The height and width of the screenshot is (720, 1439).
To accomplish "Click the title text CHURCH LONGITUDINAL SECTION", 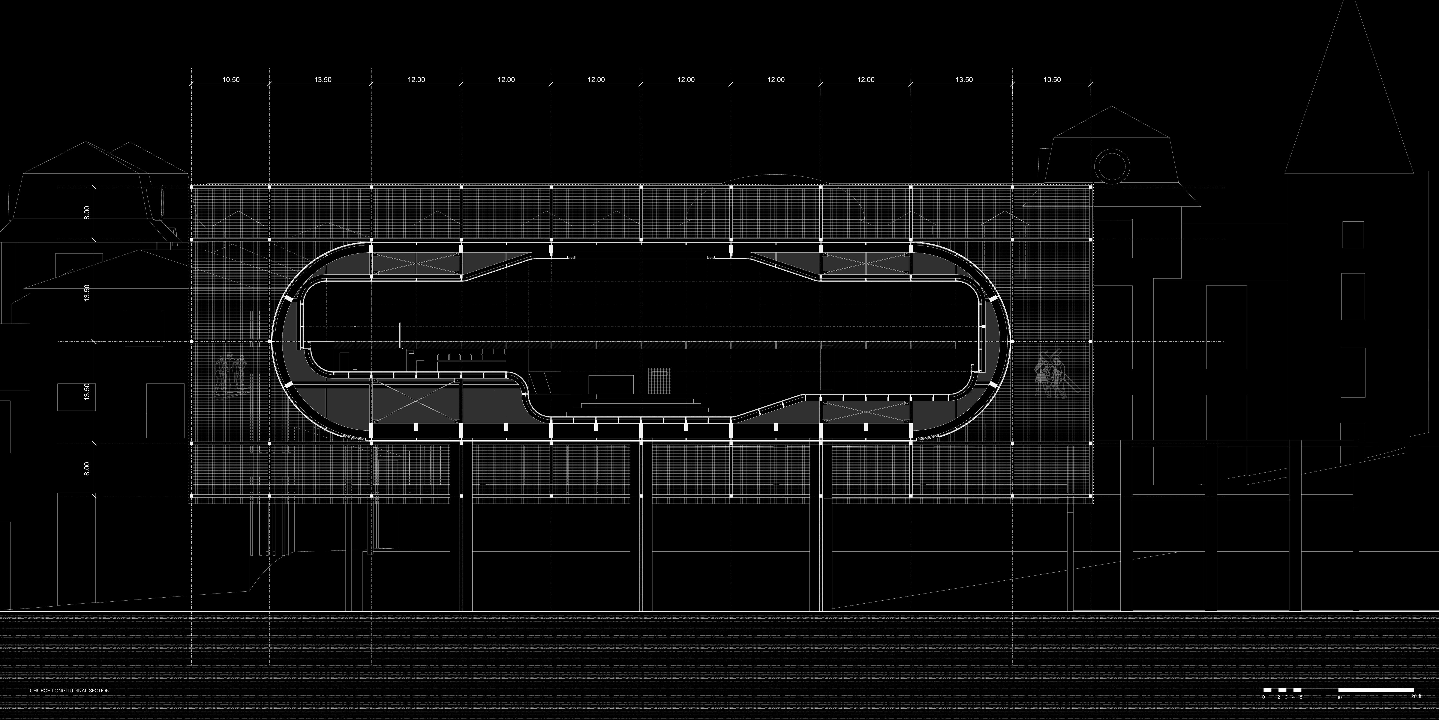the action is (x=70, y=691).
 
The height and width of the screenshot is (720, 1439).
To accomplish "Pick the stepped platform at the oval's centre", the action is (x=641, y=405).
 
